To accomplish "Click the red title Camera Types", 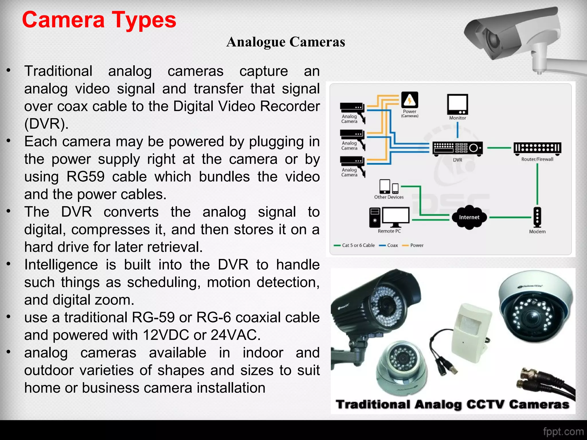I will pyautogui.click(x=99, y=20).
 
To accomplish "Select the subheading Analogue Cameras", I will pyautogui.click(x=285, y=42).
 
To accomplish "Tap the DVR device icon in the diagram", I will pyautogui.click(x=457, y=149).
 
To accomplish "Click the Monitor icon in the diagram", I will pyautogui.click(x=457, y=105).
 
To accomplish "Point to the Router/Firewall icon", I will pyautogui.click(x=537, y=148).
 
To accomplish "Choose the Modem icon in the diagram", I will pyautogui.click(x=537, y=217).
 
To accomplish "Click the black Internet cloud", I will pyautogui.click(x=469, y=217).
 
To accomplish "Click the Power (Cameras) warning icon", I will pyautogui.click(x=410, y=100).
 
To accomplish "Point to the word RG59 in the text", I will pyautogui.click(x=85, y=176).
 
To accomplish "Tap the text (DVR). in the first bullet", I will pyautogui.click(x=46, y=124).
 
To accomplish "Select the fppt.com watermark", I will pyautogui.click(x=563, y=431).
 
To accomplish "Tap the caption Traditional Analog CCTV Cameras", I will pyautogui.click(x=452, y=404).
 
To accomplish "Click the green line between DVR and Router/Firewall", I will pyautogui.click(x=499, y=148).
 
